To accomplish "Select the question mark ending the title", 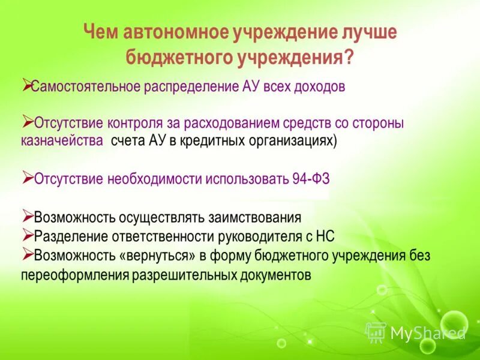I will tap(347, 59).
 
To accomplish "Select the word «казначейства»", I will tap(62, 141).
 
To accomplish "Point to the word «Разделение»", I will tap(67, 236).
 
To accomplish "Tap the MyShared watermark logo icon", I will tap(376, 332).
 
